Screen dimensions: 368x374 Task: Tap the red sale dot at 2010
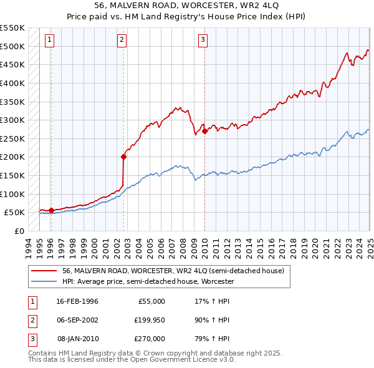tap(204, 131)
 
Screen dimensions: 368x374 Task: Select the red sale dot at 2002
tap(123, 157)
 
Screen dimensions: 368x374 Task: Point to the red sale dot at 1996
tap(50, 210)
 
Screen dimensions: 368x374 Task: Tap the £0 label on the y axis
tap(18, 231)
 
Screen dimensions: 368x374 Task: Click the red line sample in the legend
tap(44, 271)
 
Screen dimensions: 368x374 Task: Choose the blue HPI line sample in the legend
tap(44, 281)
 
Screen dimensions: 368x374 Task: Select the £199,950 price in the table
tap(150, 320)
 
